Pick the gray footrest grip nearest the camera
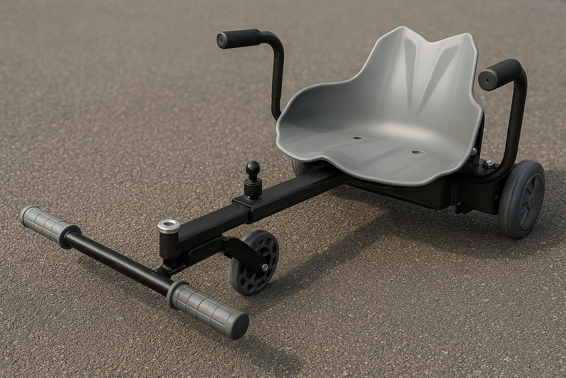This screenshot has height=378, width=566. pos(207,306)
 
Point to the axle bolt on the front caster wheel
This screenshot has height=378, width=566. pos(265,267)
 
